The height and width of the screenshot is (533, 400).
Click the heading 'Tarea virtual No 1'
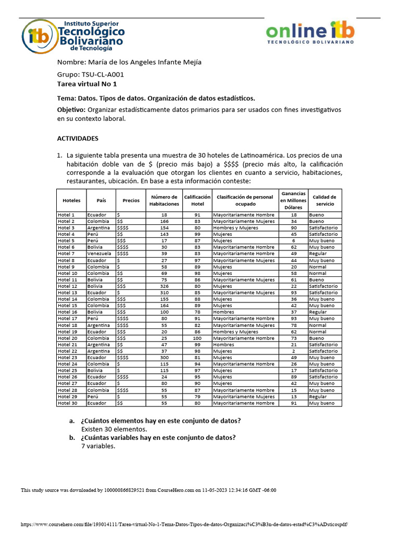(87, 84)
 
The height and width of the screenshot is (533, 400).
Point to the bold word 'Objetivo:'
(71, 110)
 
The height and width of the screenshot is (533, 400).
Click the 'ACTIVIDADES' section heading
(77, 139)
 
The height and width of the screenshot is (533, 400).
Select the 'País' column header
(101, 200)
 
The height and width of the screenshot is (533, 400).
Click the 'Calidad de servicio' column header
(324, 200)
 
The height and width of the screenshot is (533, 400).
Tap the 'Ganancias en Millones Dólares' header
(293, 200)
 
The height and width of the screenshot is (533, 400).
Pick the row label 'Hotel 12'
(67, 286)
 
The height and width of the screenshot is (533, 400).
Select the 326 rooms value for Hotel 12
(164, 286)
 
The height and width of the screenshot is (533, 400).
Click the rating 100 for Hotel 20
(197, 338)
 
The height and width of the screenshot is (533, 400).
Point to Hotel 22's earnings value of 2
(293, 351)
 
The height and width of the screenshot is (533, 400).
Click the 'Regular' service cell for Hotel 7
(318, 253)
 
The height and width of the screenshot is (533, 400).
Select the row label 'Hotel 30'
(67, 403)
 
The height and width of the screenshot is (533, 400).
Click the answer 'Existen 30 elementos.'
(114, 429)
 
